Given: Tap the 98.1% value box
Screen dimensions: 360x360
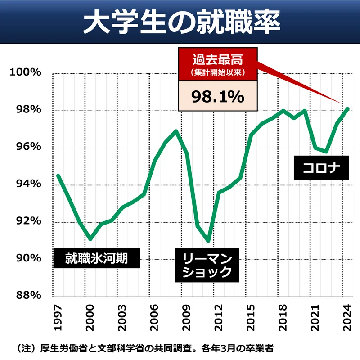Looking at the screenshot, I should tap(218, 96).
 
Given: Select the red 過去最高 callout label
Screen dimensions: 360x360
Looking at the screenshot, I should tap(218, 63).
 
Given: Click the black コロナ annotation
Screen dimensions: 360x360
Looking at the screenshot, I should tap(321, 168).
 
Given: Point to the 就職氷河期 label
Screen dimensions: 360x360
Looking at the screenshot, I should tap(96, 258).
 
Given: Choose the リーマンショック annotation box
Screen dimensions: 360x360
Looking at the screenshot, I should tap(207, 265).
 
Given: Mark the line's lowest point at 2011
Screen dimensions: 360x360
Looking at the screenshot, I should tap(207, 241).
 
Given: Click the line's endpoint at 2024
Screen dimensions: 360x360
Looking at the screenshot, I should tap(347, 108).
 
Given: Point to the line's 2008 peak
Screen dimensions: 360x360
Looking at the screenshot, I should tap(175, 131).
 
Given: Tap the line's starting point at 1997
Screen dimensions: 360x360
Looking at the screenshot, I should tap(58, 175).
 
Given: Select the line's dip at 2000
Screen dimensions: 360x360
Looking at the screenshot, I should tap(90, 238).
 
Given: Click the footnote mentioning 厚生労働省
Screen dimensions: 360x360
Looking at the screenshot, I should tap(144, 347).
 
